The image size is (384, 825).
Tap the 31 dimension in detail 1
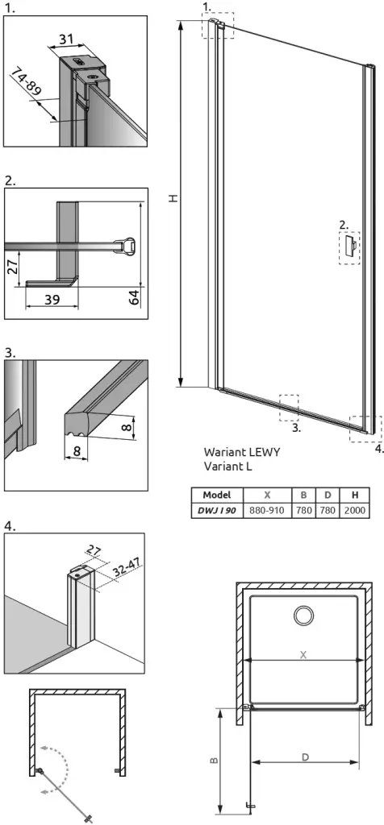[65, 39]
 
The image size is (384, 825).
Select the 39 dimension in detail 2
[51, 300]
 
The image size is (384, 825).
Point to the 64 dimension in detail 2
[133, 298]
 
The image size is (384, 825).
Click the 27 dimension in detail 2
[15, 266]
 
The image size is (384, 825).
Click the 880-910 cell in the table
[268, 510]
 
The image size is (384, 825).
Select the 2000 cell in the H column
[355, 510]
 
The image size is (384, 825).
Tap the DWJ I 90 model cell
[218, 510]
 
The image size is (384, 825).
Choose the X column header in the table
[268, 495]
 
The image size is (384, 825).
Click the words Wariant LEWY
[242, 452]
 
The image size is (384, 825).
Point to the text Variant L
[227, 466]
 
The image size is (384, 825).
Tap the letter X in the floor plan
[303, 654]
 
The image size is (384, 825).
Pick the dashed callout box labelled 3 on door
[289, 408]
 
